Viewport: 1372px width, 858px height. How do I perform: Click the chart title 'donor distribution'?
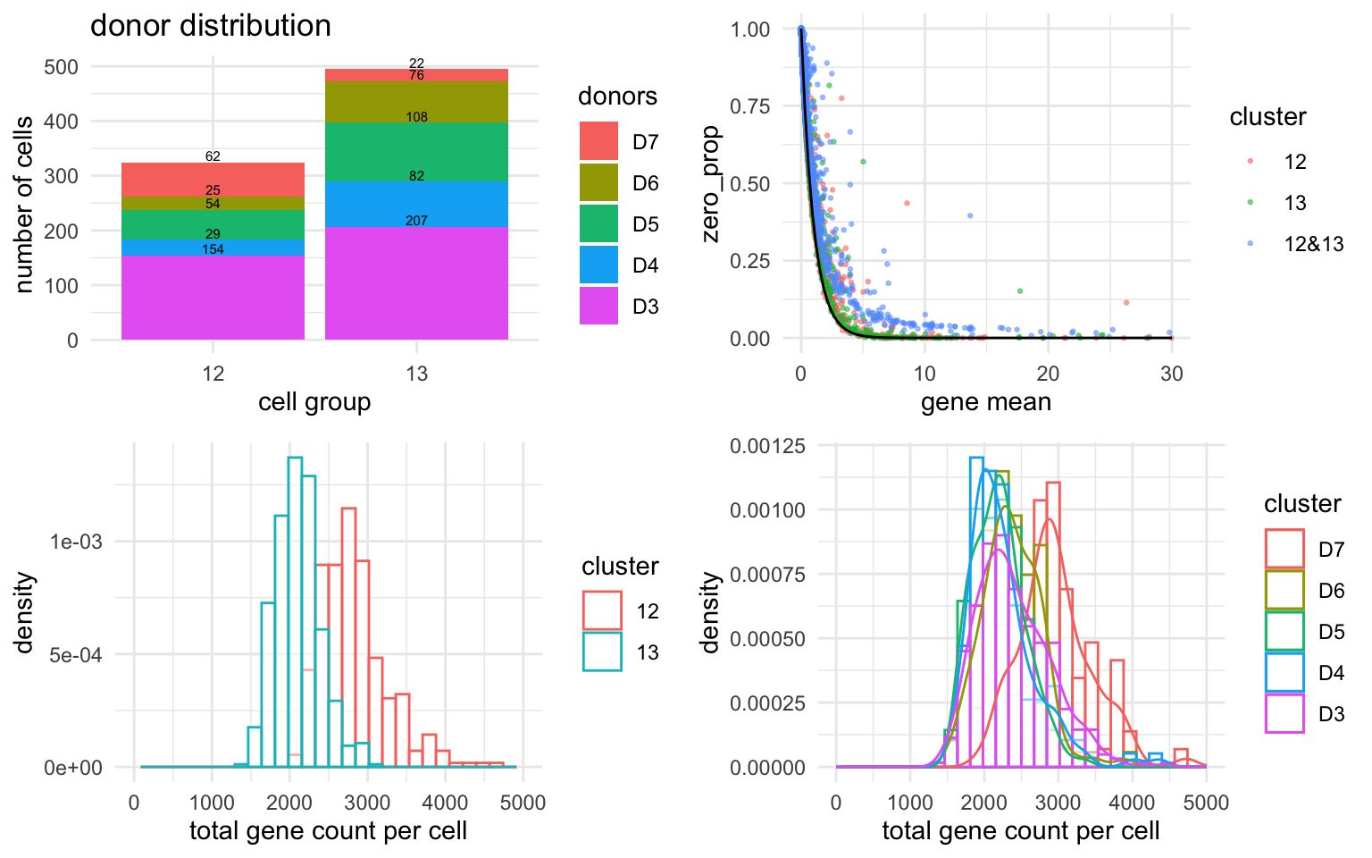[211, 25]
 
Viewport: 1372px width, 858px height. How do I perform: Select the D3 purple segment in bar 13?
[416, 283]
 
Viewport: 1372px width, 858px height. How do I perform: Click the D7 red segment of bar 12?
[213, 179]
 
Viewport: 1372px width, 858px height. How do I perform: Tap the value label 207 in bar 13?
[416, 221]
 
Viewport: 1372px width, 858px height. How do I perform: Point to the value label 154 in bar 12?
[213, 249]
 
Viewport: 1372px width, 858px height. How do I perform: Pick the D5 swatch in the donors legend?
[598, 224]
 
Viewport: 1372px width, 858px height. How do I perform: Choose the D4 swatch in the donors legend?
[598, 265]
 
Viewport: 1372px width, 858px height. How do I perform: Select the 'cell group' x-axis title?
[314, 402]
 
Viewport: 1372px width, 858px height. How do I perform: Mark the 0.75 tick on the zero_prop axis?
[750, 107]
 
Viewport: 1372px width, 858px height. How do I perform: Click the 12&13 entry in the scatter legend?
[1313, 244]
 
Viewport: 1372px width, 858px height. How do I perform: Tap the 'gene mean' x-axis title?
[985, 402]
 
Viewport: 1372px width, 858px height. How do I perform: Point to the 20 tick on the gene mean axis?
[1048, 374]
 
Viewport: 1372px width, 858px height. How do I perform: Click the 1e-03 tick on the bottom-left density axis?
[76, 543]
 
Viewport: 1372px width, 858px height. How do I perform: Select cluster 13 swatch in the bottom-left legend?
[602, 652]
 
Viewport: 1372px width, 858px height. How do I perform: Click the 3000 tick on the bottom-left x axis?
[367, 803]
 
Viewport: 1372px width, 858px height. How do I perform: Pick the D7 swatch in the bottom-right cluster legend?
[1284, 549]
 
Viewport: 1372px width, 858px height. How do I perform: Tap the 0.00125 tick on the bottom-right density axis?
[768, 446]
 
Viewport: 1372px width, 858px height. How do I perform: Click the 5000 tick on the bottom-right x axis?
[1206, 803]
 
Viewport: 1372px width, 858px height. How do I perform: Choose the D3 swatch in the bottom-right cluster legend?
[1284, 713]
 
